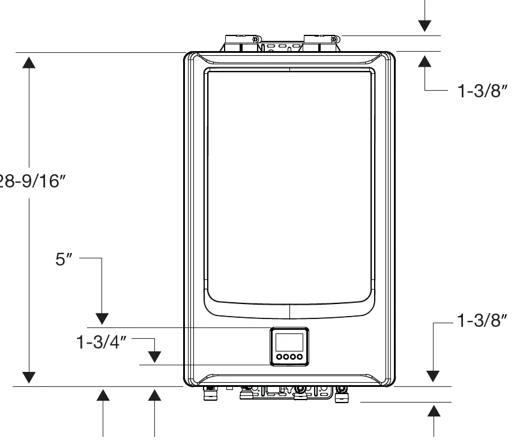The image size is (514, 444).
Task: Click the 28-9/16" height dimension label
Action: tap(31, 181)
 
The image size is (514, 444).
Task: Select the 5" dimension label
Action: tap(64, 260)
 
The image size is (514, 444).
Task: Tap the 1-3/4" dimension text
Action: tap(101, 343)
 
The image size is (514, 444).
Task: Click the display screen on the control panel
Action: tap(289, 343)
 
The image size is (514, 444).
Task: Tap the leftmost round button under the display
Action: tap(279, 357)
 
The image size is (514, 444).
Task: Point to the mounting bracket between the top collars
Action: tap(281, 46)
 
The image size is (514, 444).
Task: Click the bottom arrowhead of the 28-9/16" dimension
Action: tap(29, 377)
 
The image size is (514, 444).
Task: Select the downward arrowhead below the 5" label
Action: tap(102, 318)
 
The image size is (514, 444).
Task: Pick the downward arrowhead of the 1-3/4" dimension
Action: tap(154, 356)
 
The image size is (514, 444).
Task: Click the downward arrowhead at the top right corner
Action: tap(425, 25)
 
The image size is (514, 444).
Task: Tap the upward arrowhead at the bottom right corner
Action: tap(434, 412)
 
